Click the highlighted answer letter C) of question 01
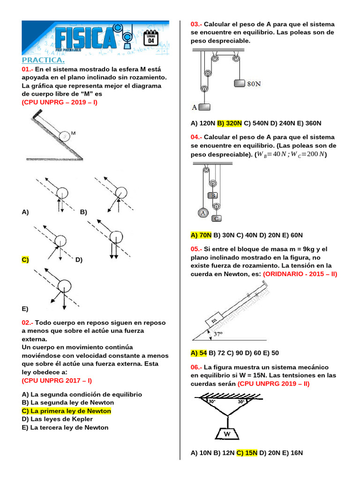25,260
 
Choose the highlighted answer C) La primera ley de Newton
67,411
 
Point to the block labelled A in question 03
204,107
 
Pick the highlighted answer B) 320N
229,123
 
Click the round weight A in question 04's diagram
203,213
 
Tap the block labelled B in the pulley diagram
213,195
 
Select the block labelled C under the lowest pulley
216,218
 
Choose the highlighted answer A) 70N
201,235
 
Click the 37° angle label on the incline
218,334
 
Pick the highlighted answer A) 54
199,352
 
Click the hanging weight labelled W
227,434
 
